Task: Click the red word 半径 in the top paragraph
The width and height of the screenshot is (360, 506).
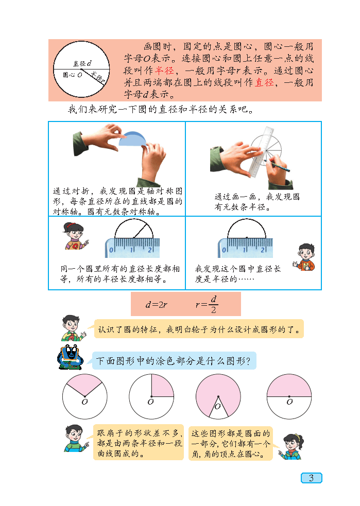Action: pyautogui.click(x=165, y=71)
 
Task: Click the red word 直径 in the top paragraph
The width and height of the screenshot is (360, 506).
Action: pyautogui.click(x=264, y=82)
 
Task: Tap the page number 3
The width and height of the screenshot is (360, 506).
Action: pyautogui.click(x=311, y=478)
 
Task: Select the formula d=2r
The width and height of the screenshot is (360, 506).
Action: pyautogui.click(x=156, y=304)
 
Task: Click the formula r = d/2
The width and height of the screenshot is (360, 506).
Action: pyautogui.click(x=207, y=304)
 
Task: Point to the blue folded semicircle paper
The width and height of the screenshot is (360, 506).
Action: pyautogui.click(x=133, y=139)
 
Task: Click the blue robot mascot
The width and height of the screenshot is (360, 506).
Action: pyautogui.click(x=71, y=358)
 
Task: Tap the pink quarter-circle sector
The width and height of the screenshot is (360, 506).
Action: pyautogui.click(x=162, y=386)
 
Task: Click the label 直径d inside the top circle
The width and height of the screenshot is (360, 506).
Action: pyautogui.click(x=82, y=64)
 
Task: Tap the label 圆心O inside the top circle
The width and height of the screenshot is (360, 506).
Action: pyautogui.click(x=72, y=75)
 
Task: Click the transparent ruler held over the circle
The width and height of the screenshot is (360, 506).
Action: pyautogui.click(x=262, y=152)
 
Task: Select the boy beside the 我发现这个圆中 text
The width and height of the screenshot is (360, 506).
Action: pyautogui.click(x=304, y=257)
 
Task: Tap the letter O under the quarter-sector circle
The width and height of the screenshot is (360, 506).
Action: pyautogui.click(x=150, y=402)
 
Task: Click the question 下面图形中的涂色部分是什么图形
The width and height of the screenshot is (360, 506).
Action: pyautogui.click(x=174, y=361)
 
